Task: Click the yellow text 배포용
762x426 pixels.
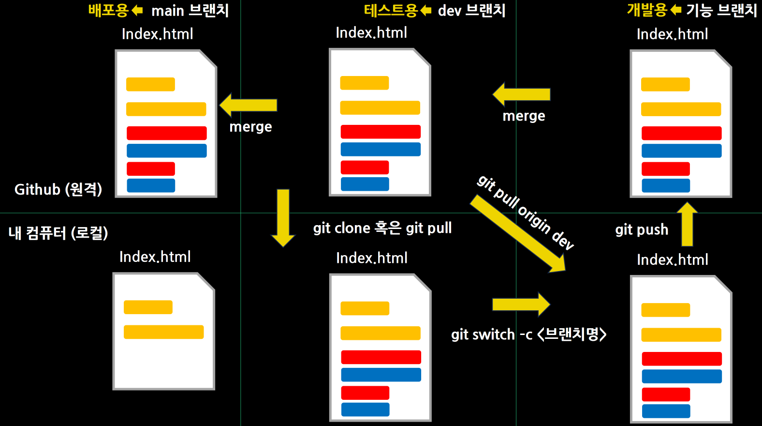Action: (x=108, y=10)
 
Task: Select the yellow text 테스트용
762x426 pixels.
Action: (x=391, y=10)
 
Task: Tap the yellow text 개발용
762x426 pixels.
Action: (x=647, y=10)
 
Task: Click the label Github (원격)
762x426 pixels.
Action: (x=58, y=189)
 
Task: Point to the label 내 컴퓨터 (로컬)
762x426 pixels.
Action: (x=58, y=233)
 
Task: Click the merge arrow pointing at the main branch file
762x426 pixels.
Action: (x=249, y=105)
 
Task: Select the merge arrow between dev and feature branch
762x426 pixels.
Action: (x=522, y=94)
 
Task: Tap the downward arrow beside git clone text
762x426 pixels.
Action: (x=283, y=217)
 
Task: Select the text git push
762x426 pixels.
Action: (x=642, y=229)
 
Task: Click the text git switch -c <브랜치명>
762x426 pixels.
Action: (x=528, y=335)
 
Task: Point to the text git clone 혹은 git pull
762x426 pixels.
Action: (x=382, y=228)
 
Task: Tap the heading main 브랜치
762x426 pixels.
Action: (x=190, y=10)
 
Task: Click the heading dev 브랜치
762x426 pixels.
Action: (x=471, y=10)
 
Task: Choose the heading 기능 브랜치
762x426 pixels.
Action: (x=721, y=10)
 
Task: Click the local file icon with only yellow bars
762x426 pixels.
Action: (x=163, y=331)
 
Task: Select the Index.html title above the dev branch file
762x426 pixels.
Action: (x=371, y=32)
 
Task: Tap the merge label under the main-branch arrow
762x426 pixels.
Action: (x=250, y=127)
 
